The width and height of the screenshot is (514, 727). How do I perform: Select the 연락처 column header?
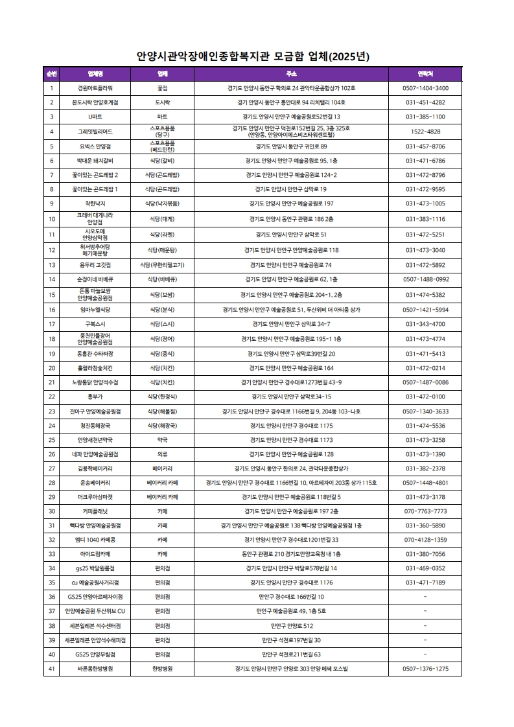click(x=425, y=74)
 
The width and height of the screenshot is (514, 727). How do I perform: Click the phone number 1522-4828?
click(x=425, y=132)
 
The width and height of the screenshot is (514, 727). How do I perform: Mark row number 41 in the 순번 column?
click(x=51, y=668)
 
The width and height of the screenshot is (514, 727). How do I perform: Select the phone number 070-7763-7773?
click(x=425, y=511)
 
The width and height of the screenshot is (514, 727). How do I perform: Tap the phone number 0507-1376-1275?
click(x=425, y=668)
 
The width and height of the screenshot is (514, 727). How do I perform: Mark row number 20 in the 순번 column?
click(x=51, y=367)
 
